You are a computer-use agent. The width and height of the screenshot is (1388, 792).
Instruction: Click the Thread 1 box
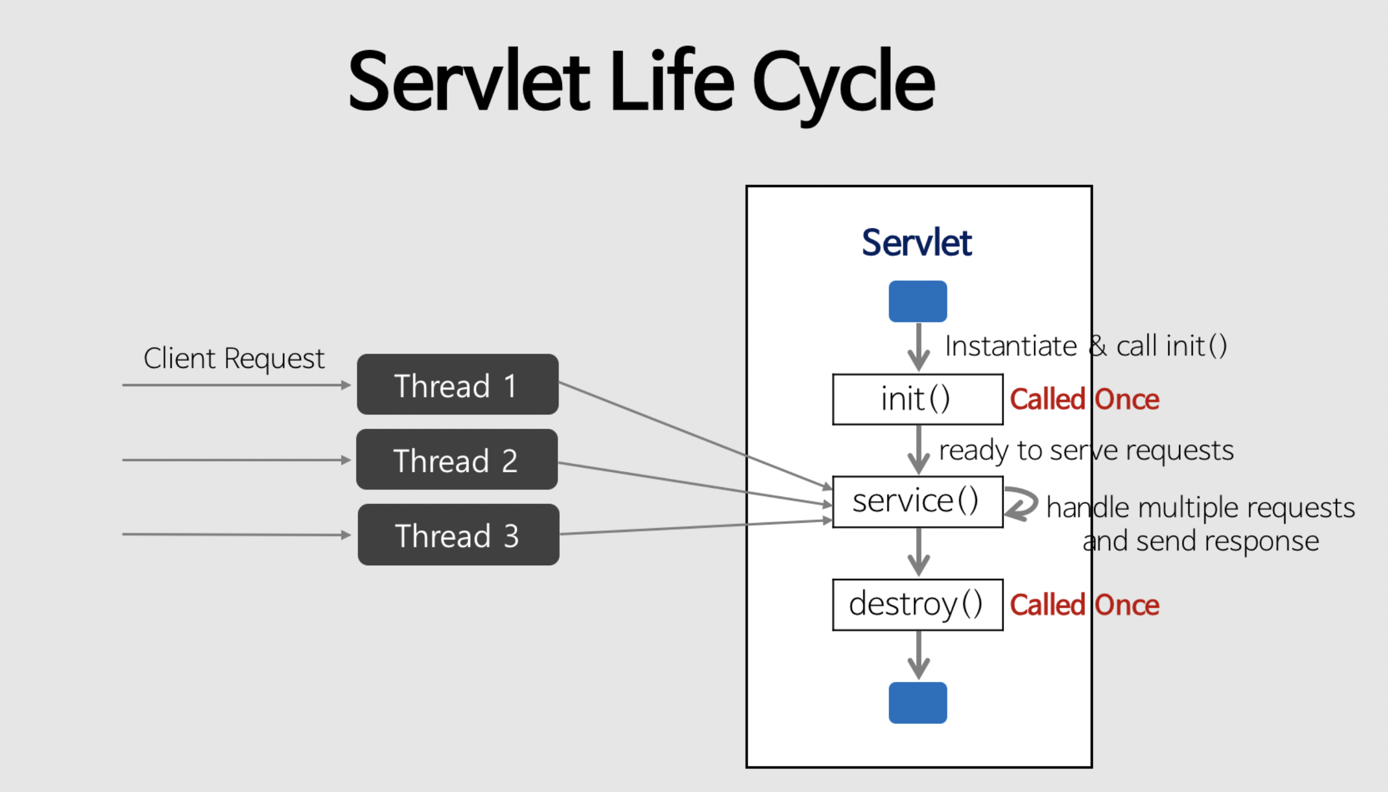tap(458, 385)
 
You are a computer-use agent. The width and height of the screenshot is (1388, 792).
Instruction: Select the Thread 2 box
tap(457, 460)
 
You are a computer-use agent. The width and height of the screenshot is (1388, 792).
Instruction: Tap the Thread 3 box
tap(458, 535)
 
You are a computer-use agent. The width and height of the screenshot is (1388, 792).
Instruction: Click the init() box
tap(917, 399)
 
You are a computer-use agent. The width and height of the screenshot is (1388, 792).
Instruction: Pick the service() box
tap(917, 502)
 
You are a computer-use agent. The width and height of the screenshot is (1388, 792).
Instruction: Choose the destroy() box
tap(917, 605)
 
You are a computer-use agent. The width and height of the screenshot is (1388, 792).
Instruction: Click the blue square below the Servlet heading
tap(917, 301)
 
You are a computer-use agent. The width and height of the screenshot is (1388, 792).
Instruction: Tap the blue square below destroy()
tap(917, 702)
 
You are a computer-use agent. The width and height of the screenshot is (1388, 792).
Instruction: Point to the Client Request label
tap(234, 359)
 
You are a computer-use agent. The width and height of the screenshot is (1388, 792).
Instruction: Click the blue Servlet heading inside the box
tap(916, 243)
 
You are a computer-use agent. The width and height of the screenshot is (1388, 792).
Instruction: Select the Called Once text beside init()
tap(1084, 399)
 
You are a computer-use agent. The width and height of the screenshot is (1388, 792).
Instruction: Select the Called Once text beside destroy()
tap(1084, 605)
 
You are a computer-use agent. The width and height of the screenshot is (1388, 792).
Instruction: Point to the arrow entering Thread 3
tap(235, 535)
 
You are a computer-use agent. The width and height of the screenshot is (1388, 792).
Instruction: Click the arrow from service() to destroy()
tap(918, 552)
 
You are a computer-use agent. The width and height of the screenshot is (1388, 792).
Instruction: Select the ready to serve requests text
tap(1085, 450)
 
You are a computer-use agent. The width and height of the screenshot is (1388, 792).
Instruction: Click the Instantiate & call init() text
tap(1085, 346)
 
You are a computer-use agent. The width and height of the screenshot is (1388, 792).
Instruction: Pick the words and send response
tap(1200, 541)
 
